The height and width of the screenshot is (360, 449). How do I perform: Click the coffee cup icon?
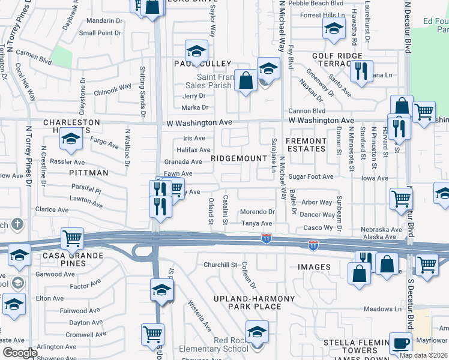tap(401, 343)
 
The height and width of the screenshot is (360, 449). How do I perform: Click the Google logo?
tap(20, 353)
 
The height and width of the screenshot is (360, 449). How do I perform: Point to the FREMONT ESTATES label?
tap(306, 145)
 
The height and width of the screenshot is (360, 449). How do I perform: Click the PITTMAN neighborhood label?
tap(88, 172)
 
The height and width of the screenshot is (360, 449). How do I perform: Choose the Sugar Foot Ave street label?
tap(310, 177)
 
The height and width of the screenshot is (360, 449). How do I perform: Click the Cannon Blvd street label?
tap(306, 111)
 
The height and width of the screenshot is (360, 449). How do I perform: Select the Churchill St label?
tap(221, 265)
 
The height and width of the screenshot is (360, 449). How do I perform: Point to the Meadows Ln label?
tap(382, 309)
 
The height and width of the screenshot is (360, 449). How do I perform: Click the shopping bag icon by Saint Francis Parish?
tap(246, 80)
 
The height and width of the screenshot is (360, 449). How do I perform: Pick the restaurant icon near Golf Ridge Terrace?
tap(361, 71)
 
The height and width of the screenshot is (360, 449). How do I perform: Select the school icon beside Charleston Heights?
tap(71, 141)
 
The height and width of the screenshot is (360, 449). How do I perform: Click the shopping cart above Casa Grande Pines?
tap(73, 238)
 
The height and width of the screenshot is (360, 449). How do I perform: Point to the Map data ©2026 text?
tap(424, 355)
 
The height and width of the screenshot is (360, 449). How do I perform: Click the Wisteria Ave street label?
tap(200, 316)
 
